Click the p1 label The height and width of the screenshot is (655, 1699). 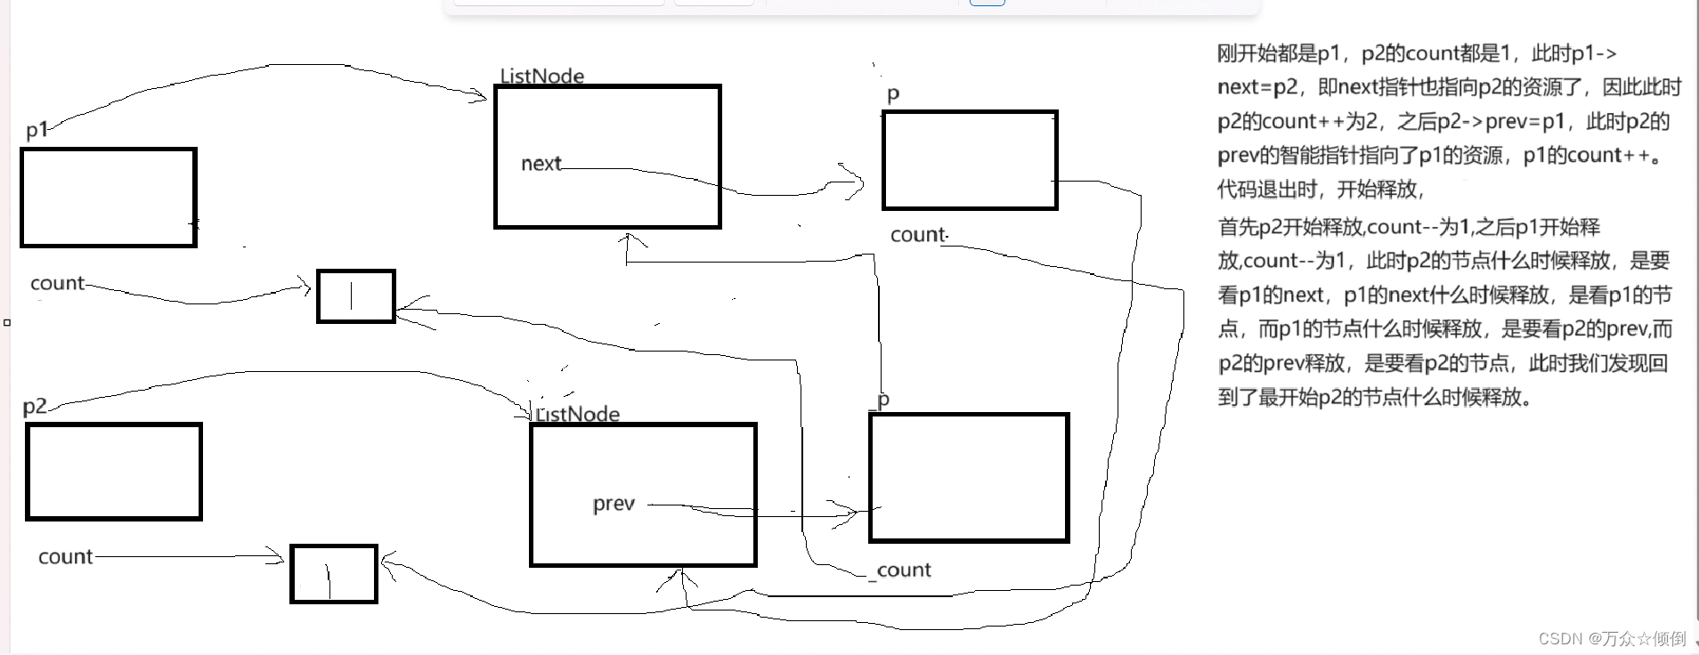37,130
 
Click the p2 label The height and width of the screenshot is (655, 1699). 35,406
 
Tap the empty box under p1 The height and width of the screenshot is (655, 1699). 108,197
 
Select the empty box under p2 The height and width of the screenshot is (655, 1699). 114,471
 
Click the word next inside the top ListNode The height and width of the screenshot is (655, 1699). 541,164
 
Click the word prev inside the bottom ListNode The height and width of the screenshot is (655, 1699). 614,504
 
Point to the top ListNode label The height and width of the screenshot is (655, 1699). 541,76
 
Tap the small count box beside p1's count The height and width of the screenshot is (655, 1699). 355,295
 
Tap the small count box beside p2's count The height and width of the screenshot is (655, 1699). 334,574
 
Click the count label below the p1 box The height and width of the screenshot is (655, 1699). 57,283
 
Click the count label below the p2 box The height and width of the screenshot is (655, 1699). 65,556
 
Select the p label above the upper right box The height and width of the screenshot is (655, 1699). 893,94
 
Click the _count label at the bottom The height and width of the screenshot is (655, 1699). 901,570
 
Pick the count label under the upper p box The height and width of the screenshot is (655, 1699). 918,235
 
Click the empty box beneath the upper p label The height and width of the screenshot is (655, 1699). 970,160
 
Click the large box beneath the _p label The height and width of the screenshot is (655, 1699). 969,477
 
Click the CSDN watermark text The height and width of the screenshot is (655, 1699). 1611,638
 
